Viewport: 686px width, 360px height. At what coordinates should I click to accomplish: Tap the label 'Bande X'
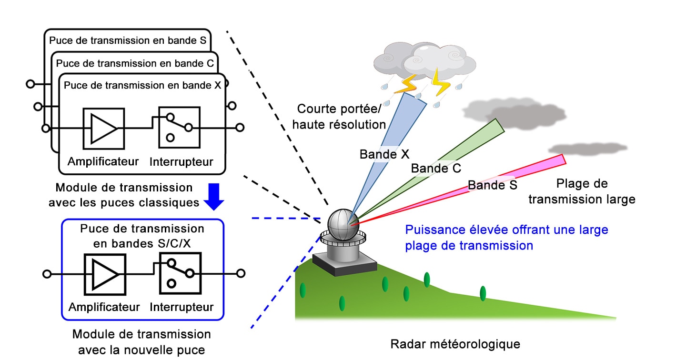tap(384, 154)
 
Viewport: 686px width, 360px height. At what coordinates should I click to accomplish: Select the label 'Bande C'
tap(436, 168)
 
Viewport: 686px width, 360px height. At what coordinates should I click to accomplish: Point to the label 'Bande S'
tap(492, 185)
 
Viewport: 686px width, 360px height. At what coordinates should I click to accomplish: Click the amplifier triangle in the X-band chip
tap(103, 128)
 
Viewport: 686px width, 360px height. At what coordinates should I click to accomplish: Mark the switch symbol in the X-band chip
tap(179, 127)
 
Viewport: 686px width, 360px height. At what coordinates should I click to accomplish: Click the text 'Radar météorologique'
tap(455, 344)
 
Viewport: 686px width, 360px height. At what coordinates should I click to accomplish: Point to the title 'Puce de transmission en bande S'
tap(128, 40)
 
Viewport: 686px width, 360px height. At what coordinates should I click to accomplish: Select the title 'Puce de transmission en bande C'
tap(135, 63)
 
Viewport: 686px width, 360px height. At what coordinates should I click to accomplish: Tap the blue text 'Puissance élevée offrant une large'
tap(506, 230)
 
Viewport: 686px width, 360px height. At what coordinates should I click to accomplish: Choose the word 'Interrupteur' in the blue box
tap(182, 307)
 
